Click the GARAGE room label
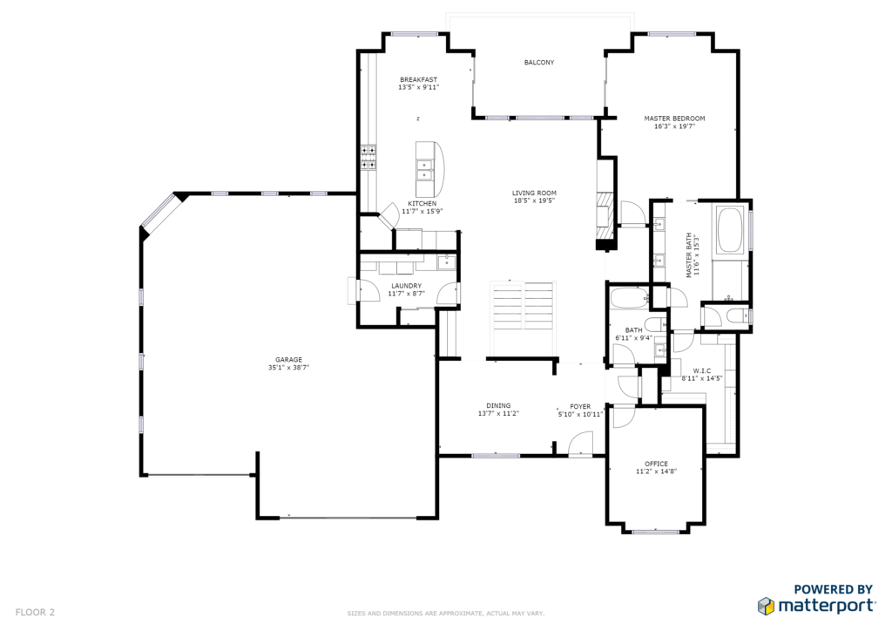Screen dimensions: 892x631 coord(288,360)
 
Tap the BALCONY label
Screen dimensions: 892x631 coord(538,63)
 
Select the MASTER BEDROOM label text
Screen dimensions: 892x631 coord(674,119)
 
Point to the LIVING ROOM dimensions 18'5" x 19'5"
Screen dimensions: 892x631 coord(534,200)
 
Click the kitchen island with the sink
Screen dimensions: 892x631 coord(429,168)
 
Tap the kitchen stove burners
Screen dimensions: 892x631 coord(368,158)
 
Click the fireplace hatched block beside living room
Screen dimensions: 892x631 coord(606,217)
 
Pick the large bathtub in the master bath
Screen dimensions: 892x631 coord(731,230)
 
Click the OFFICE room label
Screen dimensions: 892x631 coord(656,464)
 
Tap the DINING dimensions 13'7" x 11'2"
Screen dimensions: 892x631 coord(498,414)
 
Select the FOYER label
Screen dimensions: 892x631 coord(580,407)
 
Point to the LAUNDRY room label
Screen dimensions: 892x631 coord(406,286)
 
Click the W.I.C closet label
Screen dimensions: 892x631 coord(702,371)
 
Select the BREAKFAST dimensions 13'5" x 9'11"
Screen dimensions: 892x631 coord(419,88)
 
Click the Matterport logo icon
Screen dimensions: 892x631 coord(766,606)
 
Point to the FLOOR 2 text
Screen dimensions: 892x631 coord(35,613)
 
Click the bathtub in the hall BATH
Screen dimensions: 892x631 coord(629,297)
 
